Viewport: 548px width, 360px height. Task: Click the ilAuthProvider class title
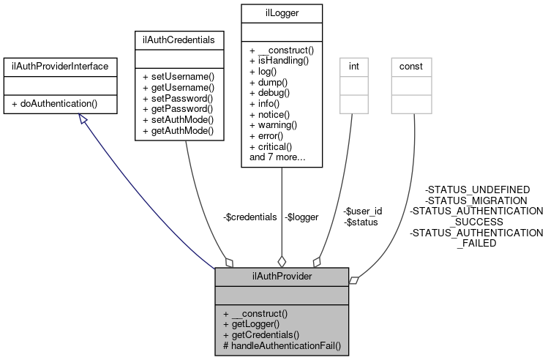(282, 277)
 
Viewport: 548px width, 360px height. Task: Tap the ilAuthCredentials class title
(179, 36)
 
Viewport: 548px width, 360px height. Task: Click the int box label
(353, 67)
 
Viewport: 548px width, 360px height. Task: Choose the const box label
(410, 67)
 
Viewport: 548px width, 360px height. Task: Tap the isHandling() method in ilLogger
(279, 61)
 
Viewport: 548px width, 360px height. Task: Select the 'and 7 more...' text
(278, 157)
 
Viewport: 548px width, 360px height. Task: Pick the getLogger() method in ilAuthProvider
(255, 323)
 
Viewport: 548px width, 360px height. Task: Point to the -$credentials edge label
(249, 217)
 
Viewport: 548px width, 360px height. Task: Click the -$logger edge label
(302, 217)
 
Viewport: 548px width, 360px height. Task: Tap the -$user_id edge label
(363, 211)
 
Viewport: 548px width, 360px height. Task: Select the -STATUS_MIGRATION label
(476, 200)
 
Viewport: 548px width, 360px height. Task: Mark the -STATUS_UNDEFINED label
(477, 190)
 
